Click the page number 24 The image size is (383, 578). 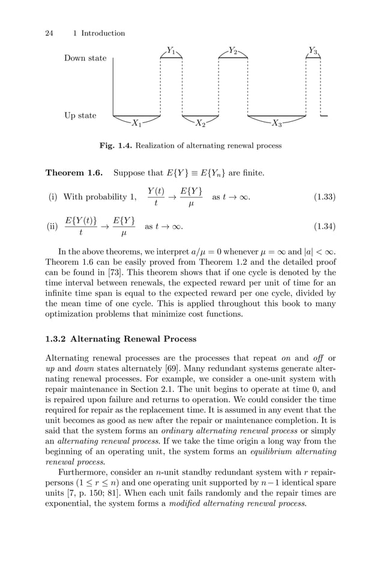coord(50,34)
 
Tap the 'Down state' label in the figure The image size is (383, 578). coord(85,58)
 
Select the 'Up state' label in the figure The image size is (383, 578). coord(80,115)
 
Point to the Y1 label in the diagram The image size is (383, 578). coord(171,51)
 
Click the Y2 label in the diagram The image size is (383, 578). coord(233,51)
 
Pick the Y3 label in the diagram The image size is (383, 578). coord(313,51)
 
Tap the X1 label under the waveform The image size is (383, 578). coord(137,124)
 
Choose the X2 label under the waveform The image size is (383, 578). coord(201,124)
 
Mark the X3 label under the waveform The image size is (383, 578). coord(277,124)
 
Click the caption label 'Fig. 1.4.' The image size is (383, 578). coord(116,146)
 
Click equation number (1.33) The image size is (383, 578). coord(325,197)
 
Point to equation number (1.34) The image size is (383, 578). coord(325,227)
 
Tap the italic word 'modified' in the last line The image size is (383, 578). coord(209,503)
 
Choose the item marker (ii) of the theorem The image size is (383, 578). coord(53,227)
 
